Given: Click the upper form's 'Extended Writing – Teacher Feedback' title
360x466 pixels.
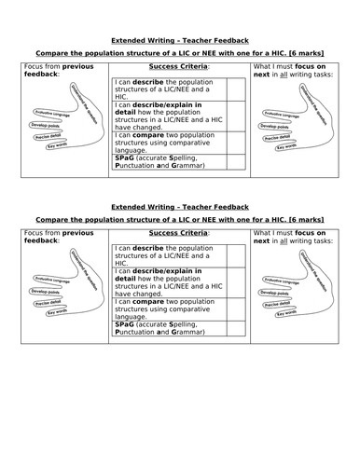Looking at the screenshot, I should click(180, 42).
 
